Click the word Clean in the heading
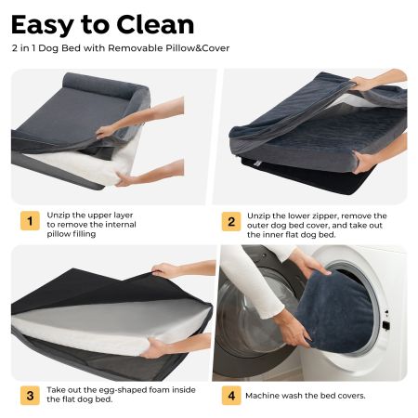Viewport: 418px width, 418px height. [x=155, y=24]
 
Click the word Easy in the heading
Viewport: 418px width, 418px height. [x=42, y=26]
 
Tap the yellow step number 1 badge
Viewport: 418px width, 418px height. [x=30, y=221]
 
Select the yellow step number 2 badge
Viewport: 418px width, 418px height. [x=231, y=221]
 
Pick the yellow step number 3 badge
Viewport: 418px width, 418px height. [x=30, y=396]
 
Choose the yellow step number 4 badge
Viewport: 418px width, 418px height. [x=231, y=396]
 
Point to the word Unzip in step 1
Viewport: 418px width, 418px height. [x=57, y=216]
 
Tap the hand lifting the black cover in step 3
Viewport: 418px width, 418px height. [x=165, y=270]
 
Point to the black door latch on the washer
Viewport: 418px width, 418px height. [x=385, y=325]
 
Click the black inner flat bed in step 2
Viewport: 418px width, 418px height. [x=309, y=178]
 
